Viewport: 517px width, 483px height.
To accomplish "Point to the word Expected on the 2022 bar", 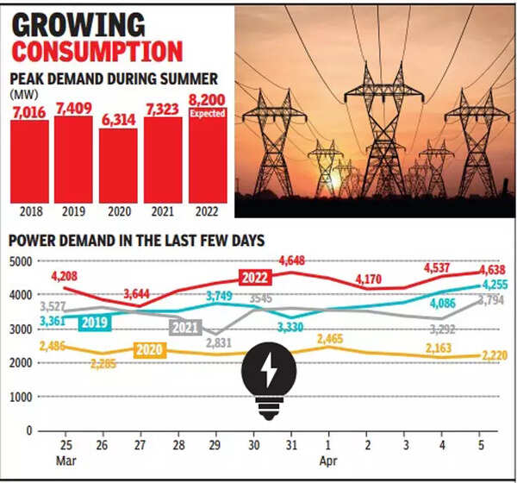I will coord(208,113).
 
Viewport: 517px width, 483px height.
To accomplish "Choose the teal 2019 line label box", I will coord(93,323).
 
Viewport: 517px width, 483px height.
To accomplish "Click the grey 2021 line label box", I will coord(186,328).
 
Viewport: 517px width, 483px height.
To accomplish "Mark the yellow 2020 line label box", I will coord(150,351).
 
